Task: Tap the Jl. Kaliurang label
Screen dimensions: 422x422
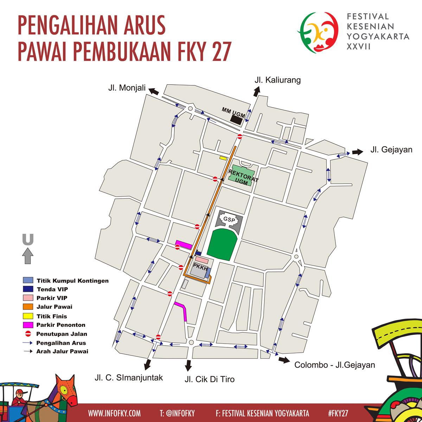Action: (277, 80)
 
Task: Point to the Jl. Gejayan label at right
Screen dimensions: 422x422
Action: (391, 150)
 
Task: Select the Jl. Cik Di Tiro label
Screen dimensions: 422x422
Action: (209, 379)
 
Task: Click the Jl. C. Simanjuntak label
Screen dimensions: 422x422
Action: (129, 378)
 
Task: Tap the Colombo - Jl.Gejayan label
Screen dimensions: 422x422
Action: (334, 365)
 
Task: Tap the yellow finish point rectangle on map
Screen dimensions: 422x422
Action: (223, 158)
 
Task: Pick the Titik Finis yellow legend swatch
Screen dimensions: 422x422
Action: (27, 316)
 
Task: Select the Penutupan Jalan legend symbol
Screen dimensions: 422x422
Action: (27, 334)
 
